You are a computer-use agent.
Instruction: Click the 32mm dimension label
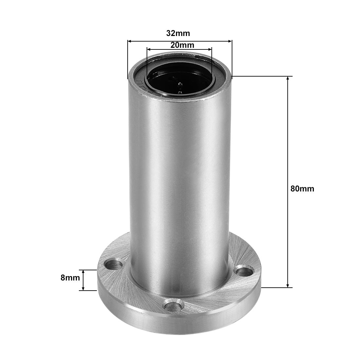[x=178, y=33]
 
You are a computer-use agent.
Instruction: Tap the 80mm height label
[x=302, y=189]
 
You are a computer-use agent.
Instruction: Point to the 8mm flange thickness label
[x=70, y=278]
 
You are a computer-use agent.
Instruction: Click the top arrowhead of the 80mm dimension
[x=288, y=79]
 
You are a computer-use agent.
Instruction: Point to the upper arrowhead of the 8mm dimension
[x=83, y=272]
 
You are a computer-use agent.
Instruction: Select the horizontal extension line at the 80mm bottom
[x=275, y=288]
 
